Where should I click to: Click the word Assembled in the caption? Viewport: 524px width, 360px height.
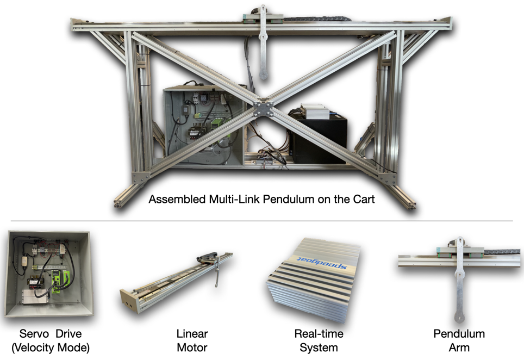[x=177, y=199]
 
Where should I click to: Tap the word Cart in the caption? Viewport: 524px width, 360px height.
[x=364, y=199]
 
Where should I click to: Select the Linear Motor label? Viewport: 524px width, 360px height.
[x=192, y=340]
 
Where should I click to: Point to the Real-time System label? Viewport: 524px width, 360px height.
[x=319, y=340]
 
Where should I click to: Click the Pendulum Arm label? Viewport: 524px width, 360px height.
[x=459, y=340]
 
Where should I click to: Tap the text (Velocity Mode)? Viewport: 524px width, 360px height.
[x=51, y=347]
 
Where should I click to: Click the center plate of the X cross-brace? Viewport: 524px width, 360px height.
[x=263, y=109]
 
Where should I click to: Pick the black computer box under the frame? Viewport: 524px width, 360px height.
[x=317, y=139]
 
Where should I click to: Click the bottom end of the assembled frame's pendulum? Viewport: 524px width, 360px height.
[x=264, y=74]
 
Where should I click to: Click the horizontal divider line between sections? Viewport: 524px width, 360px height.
[x=261, y=221]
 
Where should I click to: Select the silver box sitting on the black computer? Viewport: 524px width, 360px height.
[x=315, y=111]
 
